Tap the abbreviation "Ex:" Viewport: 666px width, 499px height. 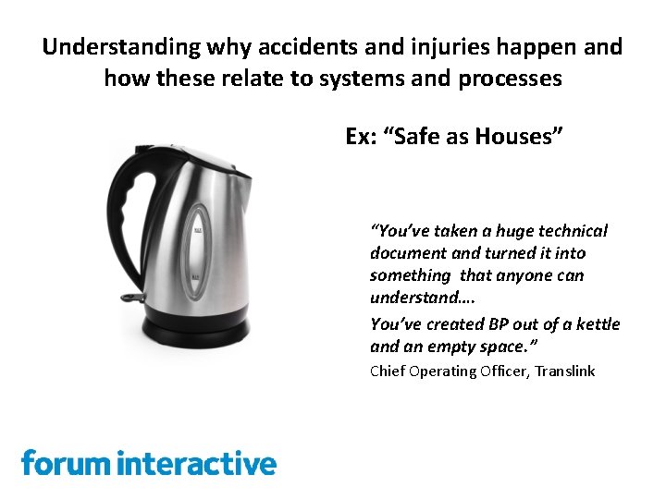(x=361, y=137)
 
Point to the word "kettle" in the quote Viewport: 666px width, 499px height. (x=598, y=324)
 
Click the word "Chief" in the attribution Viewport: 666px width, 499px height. (x=388, y=371)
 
